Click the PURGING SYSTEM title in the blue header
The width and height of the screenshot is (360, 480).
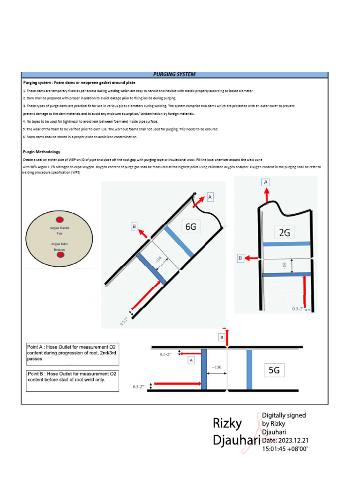174,75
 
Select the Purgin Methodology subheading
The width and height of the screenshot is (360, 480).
41,152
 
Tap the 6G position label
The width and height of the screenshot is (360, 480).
190,226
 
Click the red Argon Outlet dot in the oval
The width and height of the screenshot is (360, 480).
60,220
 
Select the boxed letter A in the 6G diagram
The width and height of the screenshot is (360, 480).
210,197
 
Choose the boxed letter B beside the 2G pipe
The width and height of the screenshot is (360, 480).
240,258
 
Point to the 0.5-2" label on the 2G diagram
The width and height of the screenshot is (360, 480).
299,309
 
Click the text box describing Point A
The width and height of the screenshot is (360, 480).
72,354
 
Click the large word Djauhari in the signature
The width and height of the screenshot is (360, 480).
236,441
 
